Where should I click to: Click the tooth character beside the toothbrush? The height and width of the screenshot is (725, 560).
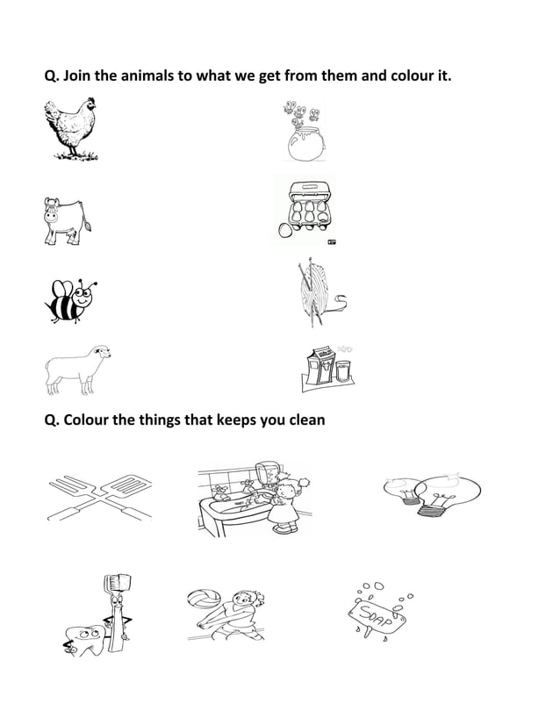[x=86, y=637]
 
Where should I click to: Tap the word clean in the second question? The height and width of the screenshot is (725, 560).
[x=305, y=420]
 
